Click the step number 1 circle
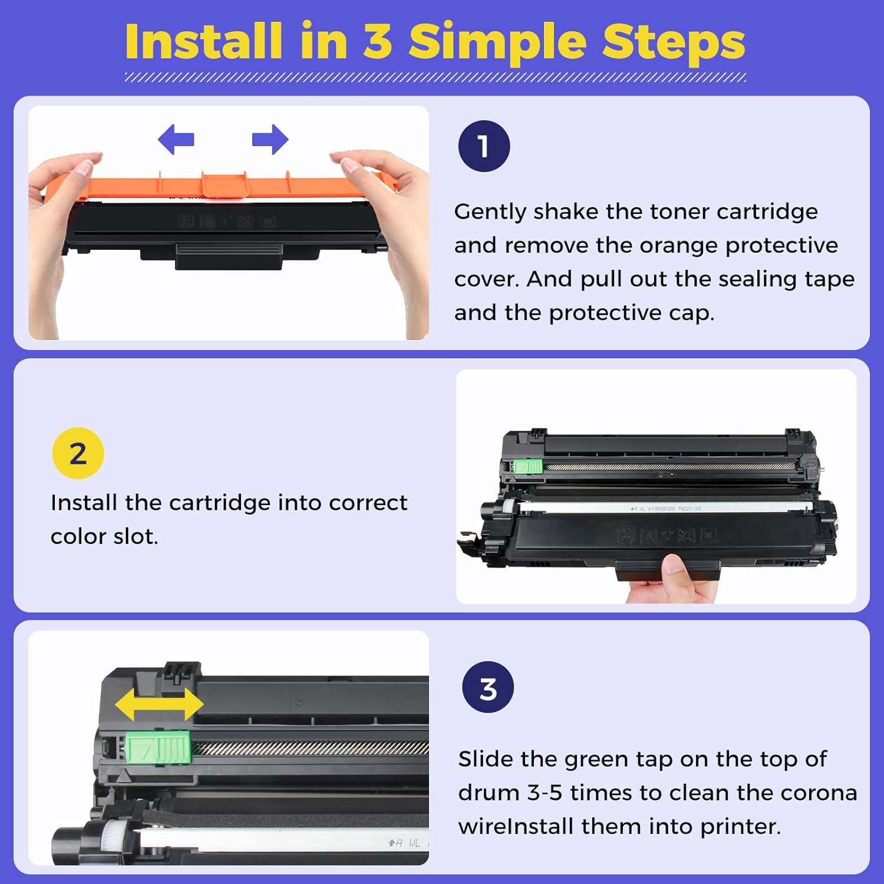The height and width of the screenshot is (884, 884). click(x=484, y=146)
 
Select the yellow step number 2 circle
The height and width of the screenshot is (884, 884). click(x=78, y=453)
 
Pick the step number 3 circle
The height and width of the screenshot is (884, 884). click(x=488, y=687)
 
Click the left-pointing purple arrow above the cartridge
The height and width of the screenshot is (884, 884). click(x=176, y=140)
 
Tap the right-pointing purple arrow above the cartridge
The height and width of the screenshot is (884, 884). click(x=271, y=140)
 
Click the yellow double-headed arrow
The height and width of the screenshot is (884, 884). click(x=159, y=704)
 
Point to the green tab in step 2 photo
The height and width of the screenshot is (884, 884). click(x=527, y=467)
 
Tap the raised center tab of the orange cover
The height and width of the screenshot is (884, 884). click(x=225, y=184)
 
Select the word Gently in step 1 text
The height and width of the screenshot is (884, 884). click(x=490, y=212)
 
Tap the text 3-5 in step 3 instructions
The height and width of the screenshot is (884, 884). click(x=545, y=793)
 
